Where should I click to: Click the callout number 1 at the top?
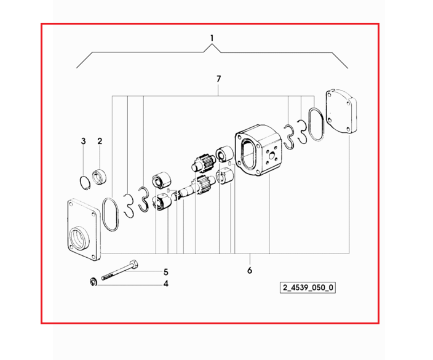coord(212,38)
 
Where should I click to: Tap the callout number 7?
coord(219,79)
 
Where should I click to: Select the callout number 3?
coord(84,141)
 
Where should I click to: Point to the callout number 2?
coord(100,141)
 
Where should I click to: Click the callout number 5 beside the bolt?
coord(165,272)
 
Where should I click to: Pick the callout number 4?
coord(165,284)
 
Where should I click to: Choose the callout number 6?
coord(250,271)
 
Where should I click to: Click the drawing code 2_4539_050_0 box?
coord(308,287)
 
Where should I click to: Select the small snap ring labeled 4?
coord(93,282)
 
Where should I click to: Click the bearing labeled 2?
coord(100,177)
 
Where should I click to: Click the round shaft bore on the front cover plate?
coord(79,238)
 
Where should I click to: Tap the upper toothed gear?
coord(203,162)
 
